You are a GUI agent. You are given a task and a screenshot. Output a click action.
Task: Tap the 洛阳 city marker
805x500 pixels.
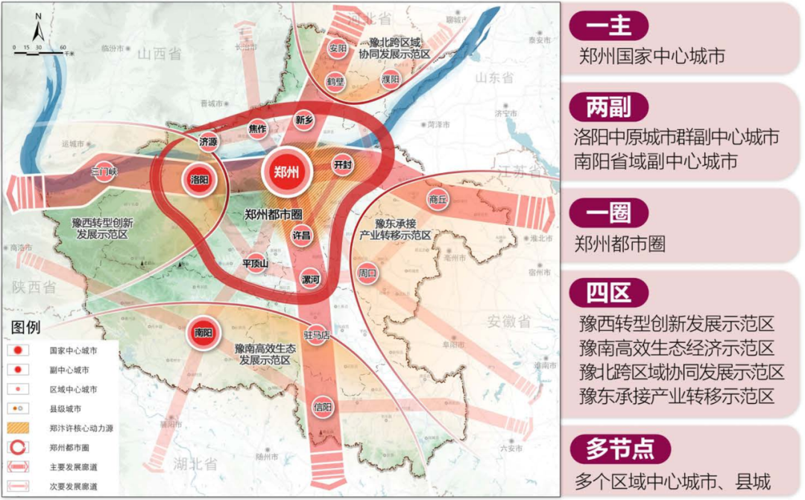(198, 180)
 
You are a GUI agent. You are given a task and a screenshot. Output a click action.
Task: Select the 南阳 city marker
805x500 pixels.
(203, 332)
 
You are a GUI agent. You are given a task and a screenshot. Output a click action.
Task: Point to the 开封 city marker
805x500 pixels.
(342, 165)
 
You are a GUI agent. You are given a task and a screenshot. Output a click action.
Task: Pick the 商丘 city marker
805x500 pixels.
(438, 200)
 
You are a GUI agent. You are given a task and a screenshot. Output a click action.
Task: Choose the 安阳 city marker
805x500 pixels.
(338, 48)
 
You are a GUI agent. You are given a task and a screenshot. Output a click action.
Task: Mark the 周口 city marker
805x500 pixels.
(367, 273)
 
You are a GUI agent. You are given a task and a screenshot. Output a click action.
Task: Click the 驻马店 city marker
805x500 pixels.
(317, 335)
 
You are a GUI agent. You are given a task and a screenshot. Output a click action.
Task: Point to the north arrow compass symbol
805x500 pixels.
(38, 30)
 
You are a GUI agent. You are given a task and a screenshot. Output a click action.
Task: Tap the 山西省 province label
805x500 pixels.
(160, 54)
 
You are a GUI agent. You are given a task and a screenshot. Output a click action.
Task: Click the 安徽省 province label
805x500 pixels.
(509, 321)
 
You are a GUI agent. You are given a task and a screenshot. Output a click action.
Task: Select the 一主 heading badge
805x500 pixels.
(608, 26)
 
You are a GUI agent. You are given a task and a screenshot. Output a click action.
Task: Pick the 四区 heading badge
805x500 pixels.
(608, 294)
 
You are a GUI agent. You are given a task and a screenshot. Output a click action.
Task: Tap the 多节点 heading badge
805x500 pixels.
(620, 449)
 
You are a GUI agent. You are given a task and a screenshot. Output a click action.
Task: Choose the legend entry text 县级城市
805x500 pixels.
(66, 409)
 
